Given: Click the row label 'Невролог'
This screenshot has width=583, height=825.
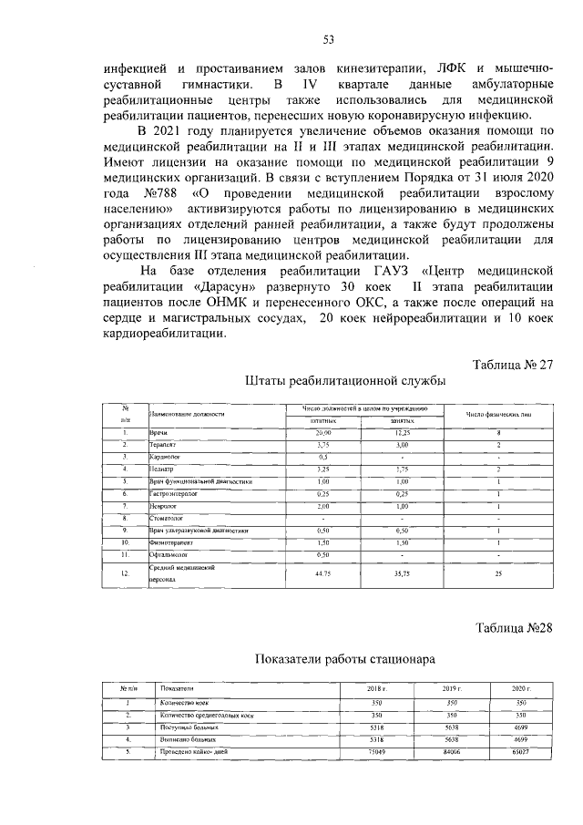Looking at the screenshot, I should pyautogui.click(x=162, y=505).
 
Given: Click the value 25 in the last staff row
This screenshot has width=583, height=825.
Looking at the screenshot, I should pyautogui.click(x=498, y=575).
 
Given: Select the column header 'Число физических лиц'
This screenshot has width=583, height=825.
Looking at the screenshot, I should pyautogui.click(x=498, y=415).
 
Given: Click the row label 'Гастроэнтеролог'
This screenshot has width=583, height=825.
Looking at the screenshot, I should pyautogui.click(x=173, y=493).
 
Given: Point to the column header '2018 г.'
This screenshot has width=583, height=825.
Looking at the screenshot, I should pyautogui.click(x=376, y=688).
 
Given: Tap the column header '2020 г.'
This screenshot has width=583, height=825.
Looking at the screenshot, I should pyautogui.click(x=521, y=688).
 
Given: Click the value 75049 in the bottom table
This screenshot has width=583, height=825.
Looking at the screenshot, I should pyautogui.click(x=376, y=750).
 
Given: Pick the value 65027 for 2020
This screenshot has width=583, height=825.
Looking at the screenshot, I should pyautogui.click(x=521, y=750).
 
